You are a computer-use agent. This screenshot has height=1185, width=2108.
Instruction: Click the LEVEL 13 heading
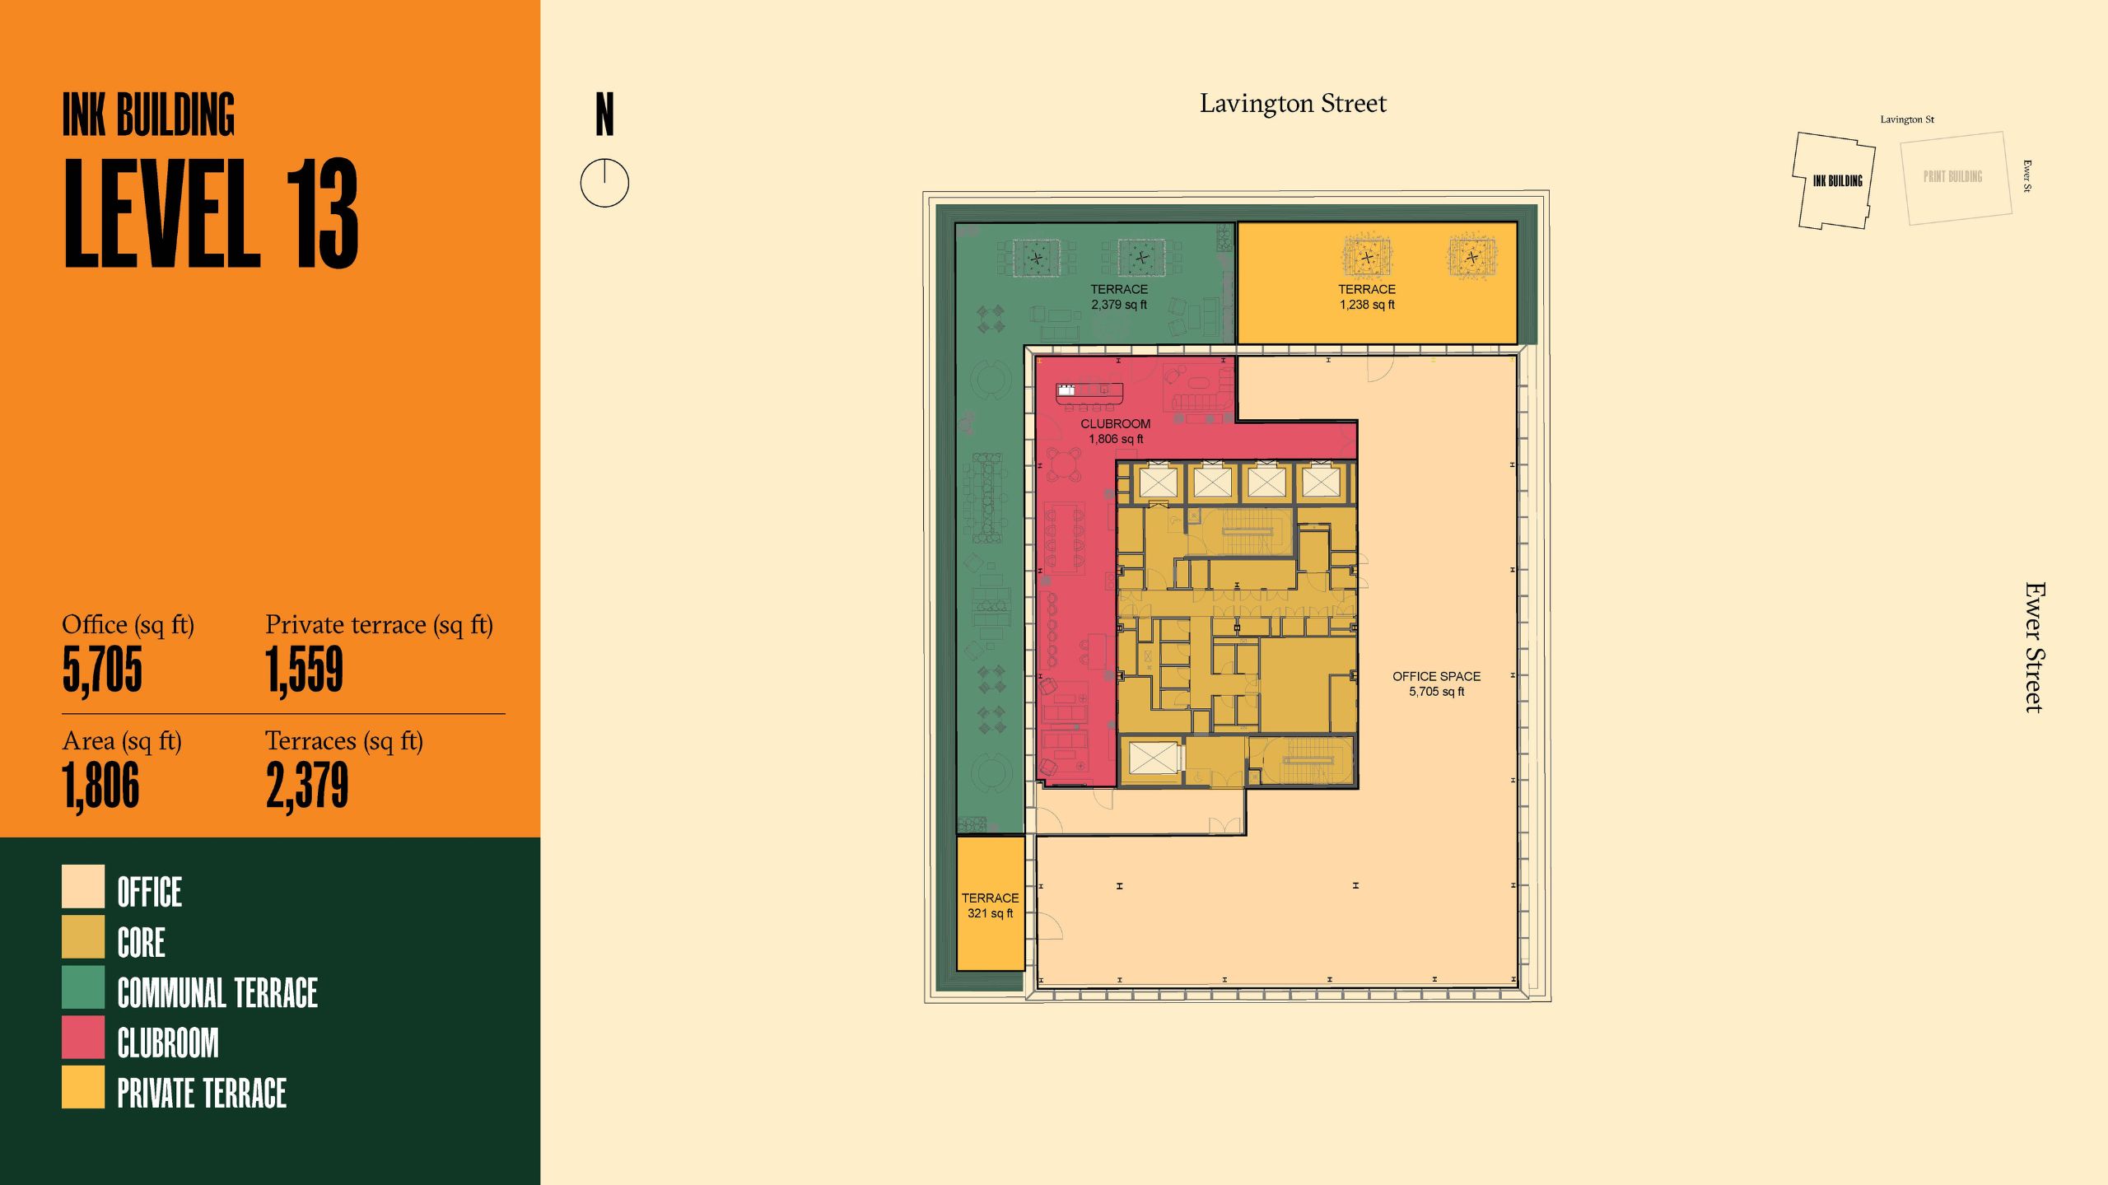point(211,213)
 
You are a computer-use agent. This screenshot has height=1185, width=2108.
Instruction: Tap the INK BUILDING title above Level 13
point(148,114)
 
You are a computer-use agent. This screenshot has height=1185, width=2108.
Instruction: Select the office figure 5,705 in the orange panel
point(102,670)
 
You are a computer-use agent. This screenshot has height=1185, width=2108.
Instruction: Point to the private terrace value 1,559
point(304,670)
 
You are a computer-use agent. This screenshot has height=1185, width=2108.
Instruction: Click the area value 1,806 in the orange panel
point(100,786)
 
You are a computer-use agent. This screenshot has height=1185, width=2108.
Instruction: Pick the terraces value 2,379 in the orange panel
point(307,786)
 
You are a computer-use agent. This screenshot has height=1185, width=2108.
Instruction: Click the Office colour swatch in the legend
point(83,886)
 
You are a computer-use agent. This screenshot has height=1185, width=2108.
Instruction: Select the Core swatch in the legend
point(83,937)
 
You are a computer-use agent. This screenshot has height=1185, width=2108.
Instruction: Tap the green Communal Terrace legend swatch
point(83,987)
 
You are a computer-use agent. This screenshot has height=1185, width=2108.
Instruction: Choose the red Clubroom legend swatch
point(83,1038)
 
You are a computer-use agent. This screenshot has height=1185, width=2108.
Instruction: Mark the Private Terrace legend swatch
point(83,1088)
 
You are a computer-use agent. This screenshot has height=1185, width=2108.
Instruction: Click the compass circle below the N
point(604,183)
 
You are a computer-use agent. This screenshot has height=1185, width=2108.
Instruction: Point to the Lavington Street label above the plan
point(1293,104)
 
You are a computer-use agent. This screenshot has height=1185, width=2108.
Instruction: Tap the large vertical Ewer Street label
point(2035,647)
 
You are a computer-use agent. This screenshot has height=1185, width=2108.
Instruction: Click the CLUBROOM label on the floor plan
point(1116,431)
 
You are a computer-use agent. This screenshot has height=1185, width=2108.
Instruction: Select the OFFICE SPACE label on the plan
point(1436,683)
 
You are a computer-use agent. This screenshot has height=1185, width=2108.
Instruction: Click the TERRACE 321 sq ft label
point(990,905)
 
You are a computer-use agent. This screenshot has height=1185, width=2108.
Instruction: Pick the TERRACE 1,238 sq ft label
point(1367,296)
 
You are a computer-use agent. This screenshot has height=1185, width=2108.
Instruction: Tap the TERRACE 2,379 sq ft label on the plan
point(1119,296)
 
